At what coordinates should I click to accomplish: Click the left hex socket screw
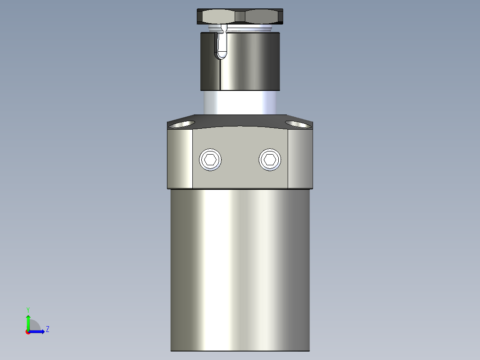[210, 160]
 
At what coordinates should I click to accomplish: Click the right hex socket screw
[270, 160]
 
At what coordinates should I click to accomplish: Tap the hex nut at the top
[240, 16]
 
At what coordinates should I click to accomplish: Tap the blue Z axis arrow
[37, 331]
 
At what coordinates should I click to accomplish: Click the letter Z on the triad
[47, 329]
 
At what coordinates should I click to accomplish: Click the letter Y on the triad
[28, 309]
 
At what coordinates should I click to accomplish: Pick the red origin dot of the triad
[28, 332]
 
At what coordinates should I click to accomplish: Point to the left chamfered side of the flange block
[180, 158]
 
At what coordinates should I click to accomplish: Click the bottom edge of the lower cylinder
[240, 351]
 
